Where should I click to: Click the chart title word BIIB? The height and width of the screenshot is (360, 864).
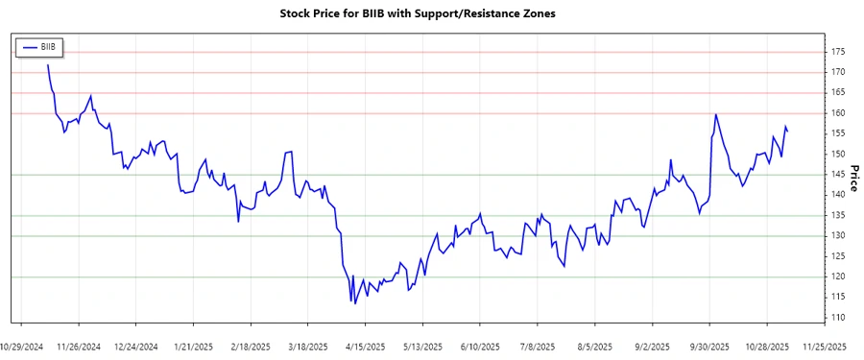point(365,13)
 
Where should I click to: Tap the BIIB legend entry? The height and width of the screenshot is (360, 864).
point(39,46)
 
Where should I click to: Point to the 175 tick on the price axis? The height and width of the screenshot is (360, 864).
point(839,52)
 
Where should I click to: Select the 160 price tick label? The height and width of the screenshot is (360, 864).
point(839,113)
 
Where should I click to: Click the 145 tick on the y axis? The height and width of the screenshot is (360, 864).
point(839,175)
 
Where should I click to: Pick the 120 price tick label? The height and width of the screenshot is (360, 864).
point(839,277)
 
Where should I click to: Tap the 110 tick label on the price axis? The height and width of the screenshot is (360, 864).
point(839,318)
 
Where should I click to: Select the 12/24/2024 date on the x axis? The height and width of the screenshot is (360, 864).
point(135,346)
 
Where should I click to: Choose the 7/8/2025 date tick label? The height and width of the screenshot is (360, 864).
point(538,346)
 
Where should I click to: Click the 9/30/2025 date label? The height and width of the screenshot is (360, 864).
point(710,346)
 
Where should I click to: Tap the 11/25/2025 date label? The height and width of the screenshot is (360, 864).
point(825,346)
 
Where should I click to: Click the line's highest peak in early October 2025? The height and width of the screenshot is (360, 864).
point(716,114)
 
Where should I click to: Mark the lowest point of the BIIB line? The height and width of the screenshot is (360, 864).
point(355,304)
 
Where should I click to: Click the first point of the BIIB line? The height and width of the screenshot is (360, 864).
point(47,65)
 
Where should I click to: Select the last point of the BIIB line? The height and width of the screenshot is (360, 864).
point(788,131)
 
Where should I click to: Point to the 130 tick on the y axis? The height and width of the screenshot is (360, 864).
point(839,236)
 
